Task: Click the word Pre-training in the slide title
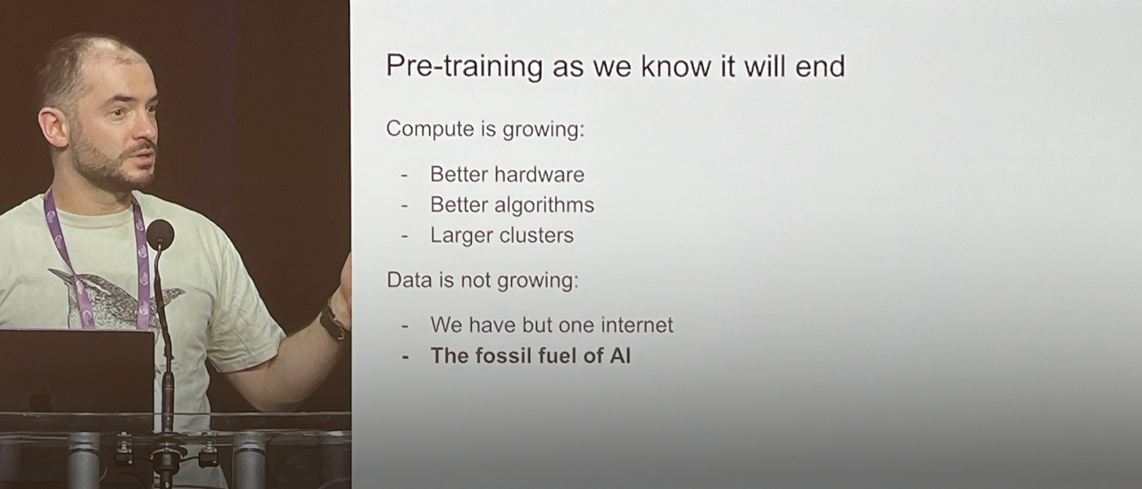pyautogui.click(x=465, y=67)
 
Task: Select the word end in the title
pyautogui.click(x=820, y=66)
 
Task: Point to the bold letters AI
pyautogui.click(x=620, y=355)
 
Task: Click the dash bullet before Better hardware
pyautogui.click(x=404, y=176)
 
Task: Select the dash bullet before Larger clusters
pyautogui.click(x=404, y=236)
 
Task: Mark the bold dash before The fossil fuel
pyautogui.click(x=405, y=357)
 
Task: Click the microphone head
pyautogui.click(x=160, y=234)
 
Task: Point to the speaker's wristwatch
pyautogui.click(x=334, y=321)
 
